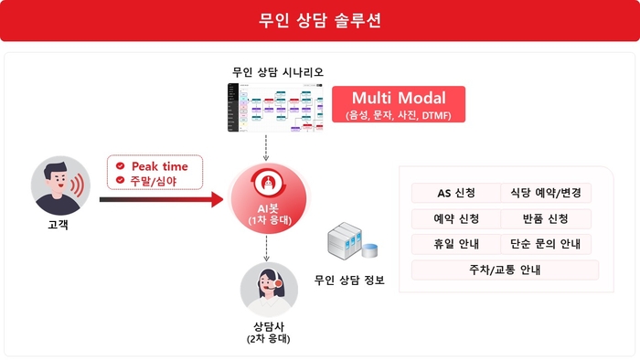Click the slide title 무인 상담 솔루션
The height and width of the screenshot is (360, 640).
320,21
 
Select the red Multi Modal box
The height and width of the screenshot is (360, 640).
399,104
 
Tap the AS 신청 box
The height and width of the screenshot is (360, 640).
454,193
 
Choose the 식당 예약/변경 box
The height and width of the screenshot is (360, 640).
547,193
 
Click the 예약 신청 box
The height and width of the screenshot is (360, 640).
454,219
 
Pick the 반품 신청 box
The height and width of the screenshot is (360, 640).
547,219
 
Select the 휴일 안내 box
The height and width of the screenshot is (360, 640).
454,245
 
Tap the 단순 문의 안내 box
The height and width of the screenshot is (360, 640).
547,245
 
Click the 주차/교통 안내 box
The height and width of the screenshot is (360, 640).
505,270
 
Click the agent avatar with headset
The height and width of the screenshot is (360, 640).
268,290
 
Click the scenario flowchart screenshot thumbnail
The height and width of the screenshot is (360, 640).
277,108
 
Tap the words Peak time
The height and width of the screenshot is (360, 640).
159,166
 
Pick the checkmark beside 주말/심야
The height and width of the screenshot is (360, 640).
121,181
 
